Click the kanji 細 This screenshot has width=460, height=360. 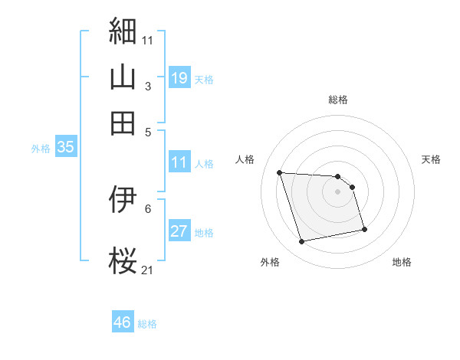tap(123, 31)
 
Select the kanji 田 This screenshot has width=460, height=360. tap(123, 123)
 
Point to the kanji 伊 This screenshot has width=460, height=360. tap(123, 200)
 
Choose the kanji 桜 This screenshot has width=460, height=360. tap(123, 261)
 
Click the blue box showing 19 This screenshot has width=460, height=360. tap(179, 78)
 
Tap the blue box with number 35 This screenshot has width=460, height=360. tap(65, 148)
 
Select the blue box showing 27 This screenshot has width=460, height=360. tap(179, 232)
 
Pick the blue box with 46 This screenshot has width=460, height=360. tap(123, 322)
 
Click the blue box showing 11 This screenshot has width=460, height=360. tap(179, 162)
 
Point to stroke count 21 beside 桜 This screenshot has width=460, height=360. tap(148, 270)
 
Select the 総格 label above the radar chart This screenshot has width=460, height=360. tap(337, 100)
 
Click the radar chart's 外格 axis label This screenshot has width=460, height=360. tap(270, 262)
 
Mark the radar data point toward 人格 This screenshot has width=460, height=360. tap(280, 172)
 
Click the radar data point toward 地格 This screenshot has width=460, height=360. tap(364, 228)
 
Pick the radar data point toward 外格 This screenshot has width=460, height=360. tap(302, 242)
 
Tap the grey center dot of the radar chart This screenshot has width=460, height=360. tap(337, 191)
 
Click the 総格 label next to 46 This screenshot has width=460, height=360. tap(147, 324)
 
